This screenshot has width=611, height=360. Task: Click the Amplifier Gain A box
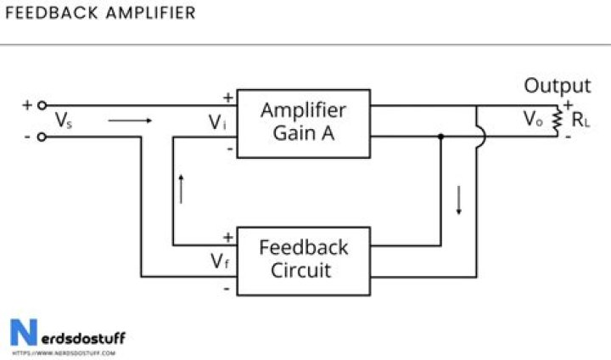[x=303, y=123]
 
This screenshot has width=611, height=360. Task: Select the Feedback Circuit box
[x=303, y=260]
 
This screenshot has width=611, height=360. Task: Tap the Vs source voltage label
[x=63, y=121]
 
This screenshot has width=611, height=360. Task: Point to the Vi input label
[x=218, y=122]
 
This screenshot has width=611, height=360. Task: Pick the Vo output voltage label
[x=532, y=120]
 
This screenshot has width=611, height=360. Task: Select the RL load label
[x=580, y=121]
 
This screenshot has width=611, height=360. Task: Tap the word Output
[x=557, y=86]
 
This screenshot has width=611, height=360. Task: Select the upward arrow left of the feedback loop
[x=181, y=188]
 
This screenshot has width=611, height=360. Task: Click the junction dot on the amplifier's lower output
[x=440, y=136]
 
